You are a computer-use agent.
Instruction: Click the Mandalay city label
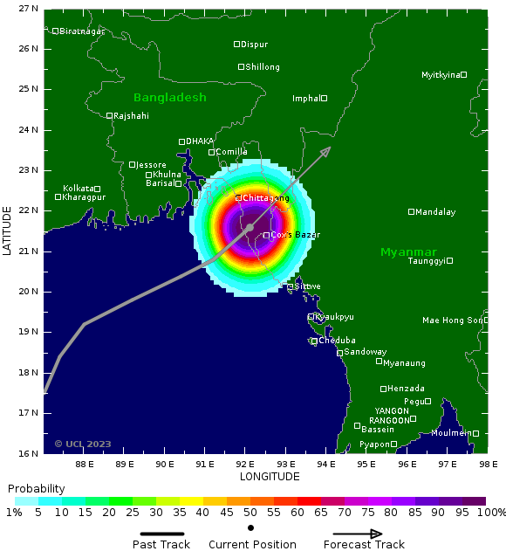[435, 212]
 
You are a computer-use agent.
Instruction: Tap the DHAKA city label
[200, 141]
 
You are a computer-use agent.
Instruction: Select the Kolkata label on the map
[78, 189]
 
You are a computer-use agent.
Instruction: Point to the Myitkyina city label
[441, 75]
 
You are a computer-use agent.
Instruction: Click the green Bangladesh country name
[169, 98]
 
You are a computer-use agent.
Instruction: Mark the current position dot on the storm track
[250, 227]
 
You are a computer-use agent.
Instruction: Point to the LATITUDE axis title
[8, 231]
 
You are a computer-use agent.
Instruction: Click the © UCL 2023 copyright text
[83, 444]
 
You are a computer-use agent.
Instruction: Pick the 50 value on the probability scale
[250, 513]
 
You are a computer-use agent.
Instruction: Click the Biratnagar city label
[82, 31]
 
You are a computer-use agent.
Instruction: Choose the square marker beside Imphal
[324, 98]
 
